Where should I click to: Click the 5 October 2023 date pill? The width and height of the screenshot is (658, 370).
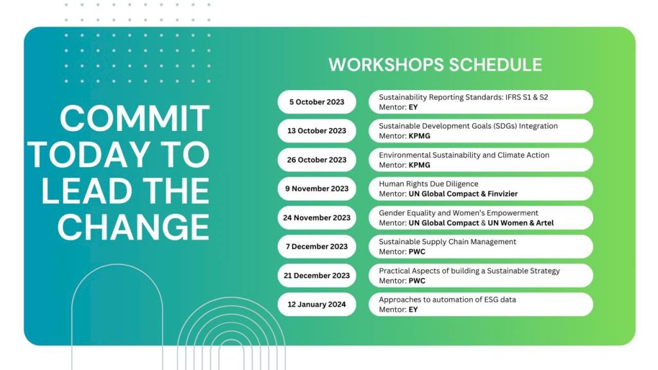click(x=316, y=102)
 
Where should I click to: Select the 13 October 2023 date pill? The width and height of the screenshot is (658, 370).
click(x=316, y=131)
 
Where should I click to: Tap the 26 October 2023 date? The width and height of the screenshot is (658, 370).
click(x=316, y=160)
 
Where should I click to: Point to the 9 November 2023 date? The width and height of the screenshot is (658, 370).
click(x=316, y=189)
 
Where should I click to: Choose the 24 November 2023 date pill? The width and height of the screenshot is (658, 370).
click(x=316, y=218)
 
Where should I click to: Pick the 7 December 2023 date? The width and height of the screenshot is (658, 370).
click(x=316, y=247)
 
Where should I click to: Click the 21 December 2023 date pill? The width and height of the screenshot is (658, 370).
click(x=316, y=276)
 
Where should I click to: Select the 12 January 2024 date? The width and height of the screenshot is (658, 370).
click(x=316, y=304)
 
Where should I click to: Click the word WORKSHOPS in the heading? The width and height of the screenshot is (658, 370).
click(x=386, y=65)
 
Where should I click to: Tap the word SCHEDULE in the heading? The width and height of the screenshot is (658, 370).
click(x=495, y=65)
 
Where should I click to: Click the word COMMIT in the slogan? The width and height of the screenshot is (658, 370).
click(x=135, y=119)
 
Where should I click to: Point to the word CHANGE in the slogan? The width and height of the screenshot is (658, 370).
click(x=134, y=227)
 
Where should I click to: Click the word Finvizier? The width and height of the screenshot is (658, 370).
click(x=502, y=194)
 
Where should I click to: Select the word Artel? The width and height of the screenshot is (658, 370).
click(x=545, y=223)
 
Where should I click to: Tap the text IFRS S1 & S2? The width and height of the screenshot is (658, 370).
click(x=527, y=98)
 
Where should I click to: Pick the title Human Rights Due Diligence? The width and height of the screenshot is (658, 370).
click(x=429, y=184)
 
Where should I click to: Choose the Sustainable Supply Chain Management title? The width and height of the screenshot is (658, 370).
click(x=447, y=242)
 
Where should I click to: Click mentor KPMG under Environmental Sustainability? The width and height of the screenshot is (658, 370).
click(x=419, y=165)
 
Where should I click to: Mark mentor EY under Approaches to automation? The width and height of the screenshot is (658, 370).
click(x=413, y=310)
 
